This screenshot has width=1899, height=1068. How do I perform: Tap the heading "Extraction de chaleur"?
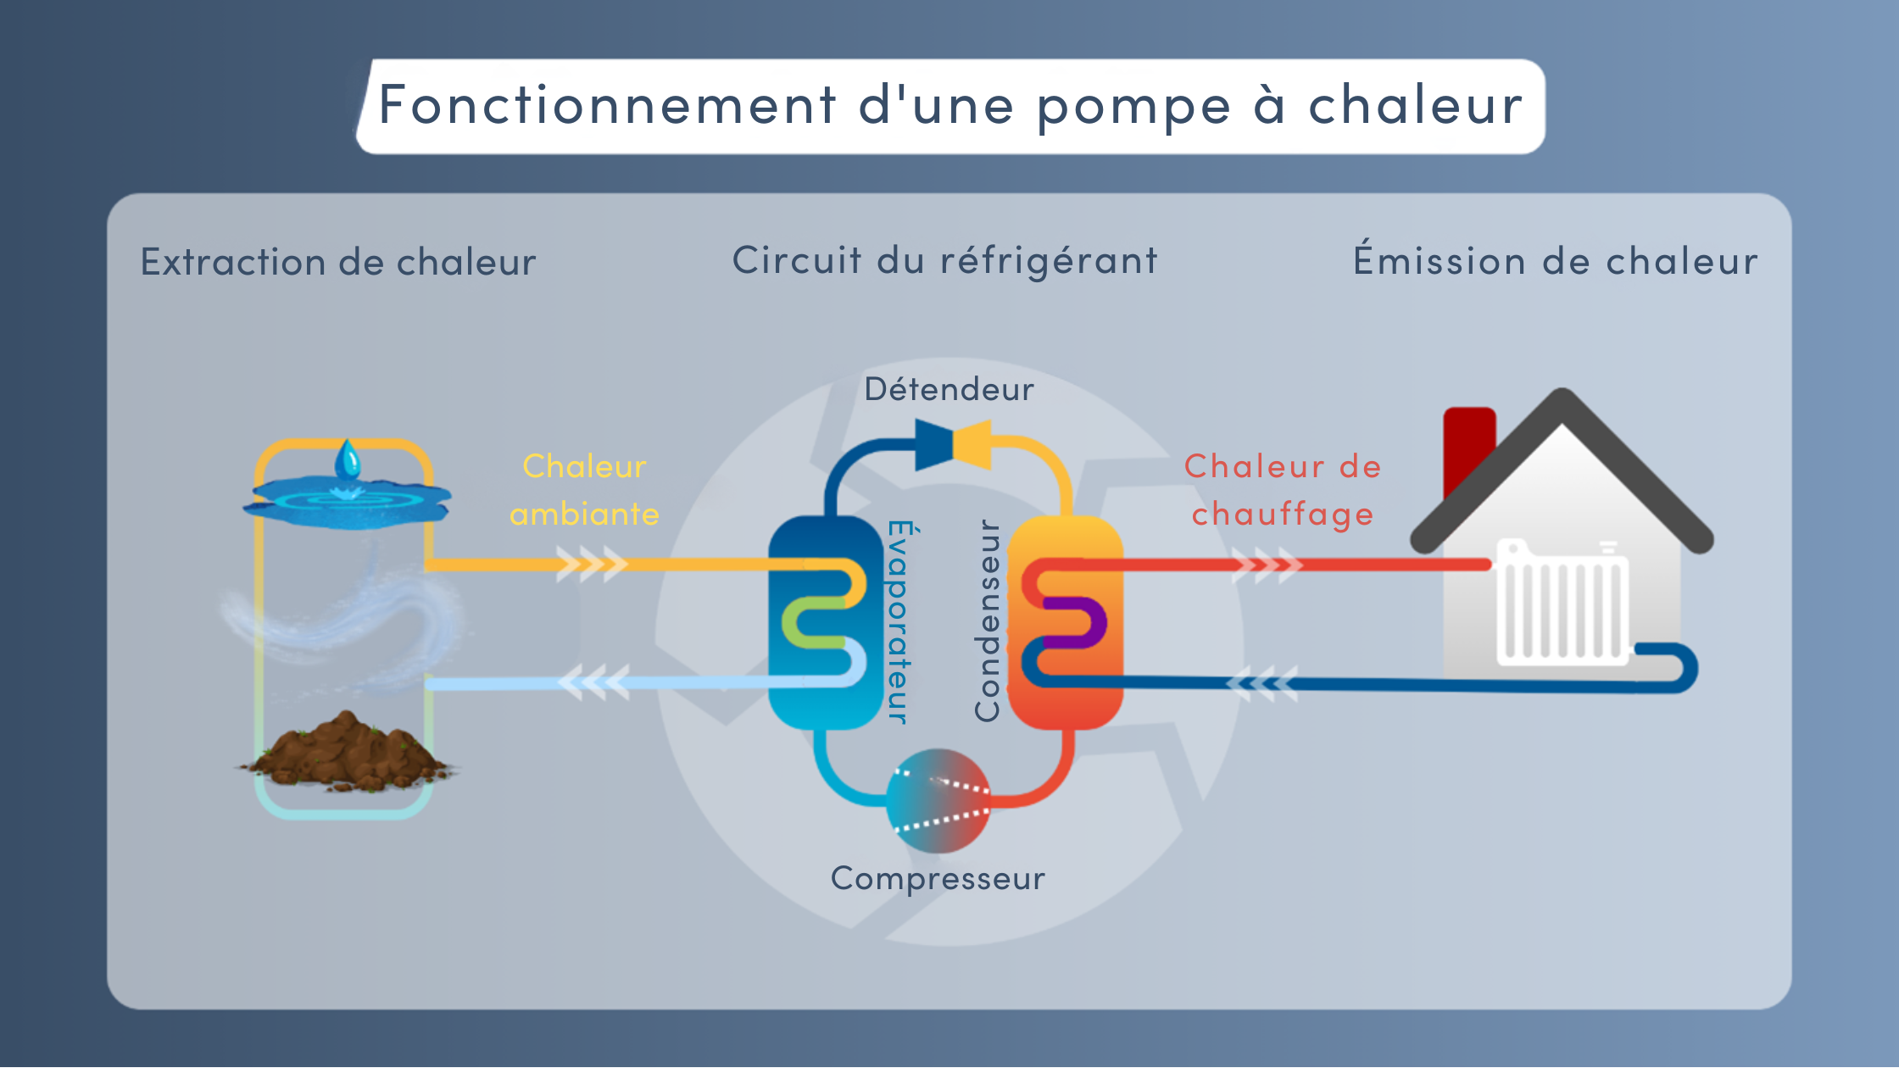pos(338,261)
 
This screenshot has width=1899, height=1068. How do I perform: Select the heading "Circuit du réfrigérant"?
pos(945,261)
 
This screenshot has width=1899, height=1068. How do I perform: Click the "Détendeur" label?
pos(949,389)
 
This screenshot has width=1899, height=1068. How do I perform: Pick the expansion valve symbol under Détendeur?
pos(953,444)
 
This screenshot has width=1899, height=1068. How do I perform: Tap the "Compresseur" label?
pos(938,879)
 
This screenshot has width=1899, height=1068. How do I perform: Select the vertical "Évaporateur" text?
pos(901,622)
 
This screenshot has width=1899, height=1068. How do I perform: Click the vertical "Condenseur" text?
pos(988,620)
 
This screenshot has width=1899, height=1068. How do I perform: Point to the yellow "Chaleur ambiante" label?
pos(584,490)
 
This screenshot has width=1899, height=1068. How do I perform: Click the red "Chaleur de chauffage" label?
pos(1283,491)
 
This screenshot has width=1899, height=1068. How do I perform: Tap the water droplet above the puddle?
pos(348,460)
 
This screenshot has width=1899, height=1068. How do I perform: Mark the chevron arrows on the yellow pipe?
pos(592,564)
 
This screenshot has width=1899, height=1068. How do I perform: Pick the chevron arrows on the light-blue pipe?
pos(593,682)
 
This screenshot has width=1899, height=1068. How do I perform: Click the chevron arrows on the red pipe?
pos(1267,565)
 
